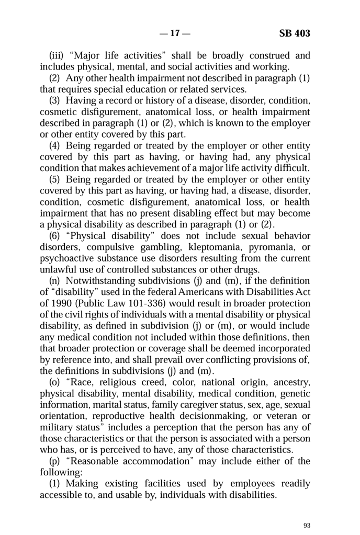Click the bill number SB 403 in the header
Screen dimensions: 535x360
(x=295, y=33)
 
